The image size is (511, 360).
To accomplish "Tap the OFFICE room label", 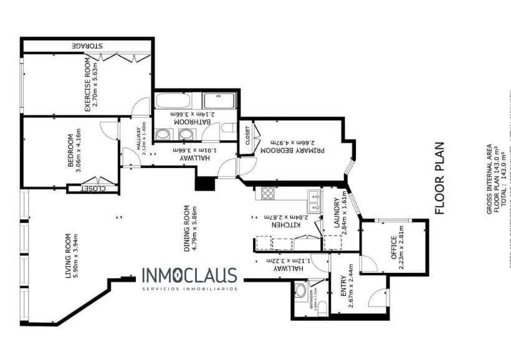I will pos(394,250).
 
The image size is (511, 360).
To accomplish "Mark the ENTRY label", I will pos(343,290).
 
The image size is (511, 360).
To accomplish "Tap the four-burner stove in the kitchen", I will pos(268,193).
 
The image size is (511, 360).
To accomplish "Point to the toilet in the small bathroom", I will pos(301,290).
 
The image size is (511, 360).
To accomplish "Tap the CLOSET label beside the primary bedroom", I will pos(247,136).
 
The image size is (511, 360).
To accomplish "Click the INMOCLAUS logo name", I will pos(189,275).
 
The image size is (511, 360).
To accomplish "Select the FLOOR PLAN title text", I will pos(440,178).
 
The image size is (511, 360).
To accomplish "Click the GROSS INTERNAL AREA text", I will pos(489,180).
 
